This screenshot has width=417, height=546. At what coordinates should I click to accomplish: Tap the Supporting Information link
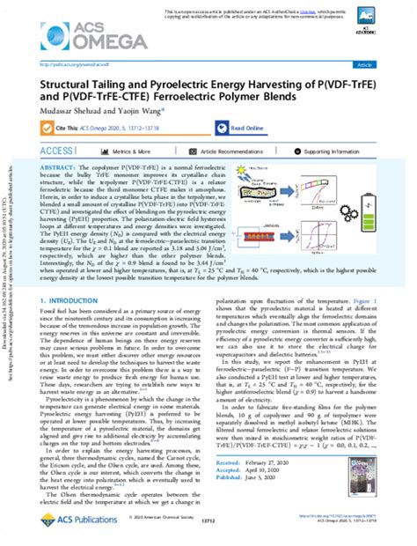[x=339, y=151]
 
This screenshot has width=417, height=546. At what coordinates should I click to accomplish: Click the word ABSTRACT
[x=55, y=166]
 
